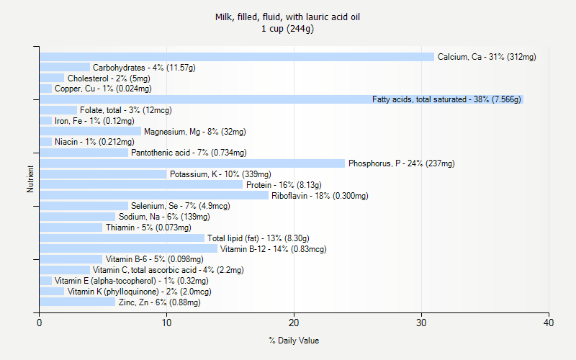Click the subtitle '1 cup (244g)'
tap(288, 29)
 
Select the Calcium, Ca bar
tap(237, 57)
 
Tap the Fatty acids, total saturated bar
tap(281, 99)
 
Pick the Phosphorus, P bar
tap(192, 163)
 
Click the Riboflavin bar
tap(154, 196)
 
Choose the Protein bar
tap(141, 185)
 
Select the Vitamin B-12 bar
tap(128, 249)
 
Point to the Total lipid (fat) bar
tap(122, 238)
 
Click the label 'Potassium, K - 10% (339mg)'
tap(220, 174)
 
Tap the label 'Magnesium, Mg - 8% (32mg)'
tap(194, 132)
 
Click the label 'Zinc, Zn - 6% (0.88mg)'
tap(159, 302)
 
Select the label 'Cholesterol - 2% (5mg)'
tap(109, 78)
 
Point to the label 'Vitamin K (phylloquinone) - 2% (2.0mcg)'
tap(139, 292)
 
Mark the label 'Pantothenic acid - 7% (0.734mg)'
tap(189, 153)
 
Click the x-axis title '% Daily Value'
tap(294, 341)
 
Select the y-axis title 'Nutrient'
tap(30, 179)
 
